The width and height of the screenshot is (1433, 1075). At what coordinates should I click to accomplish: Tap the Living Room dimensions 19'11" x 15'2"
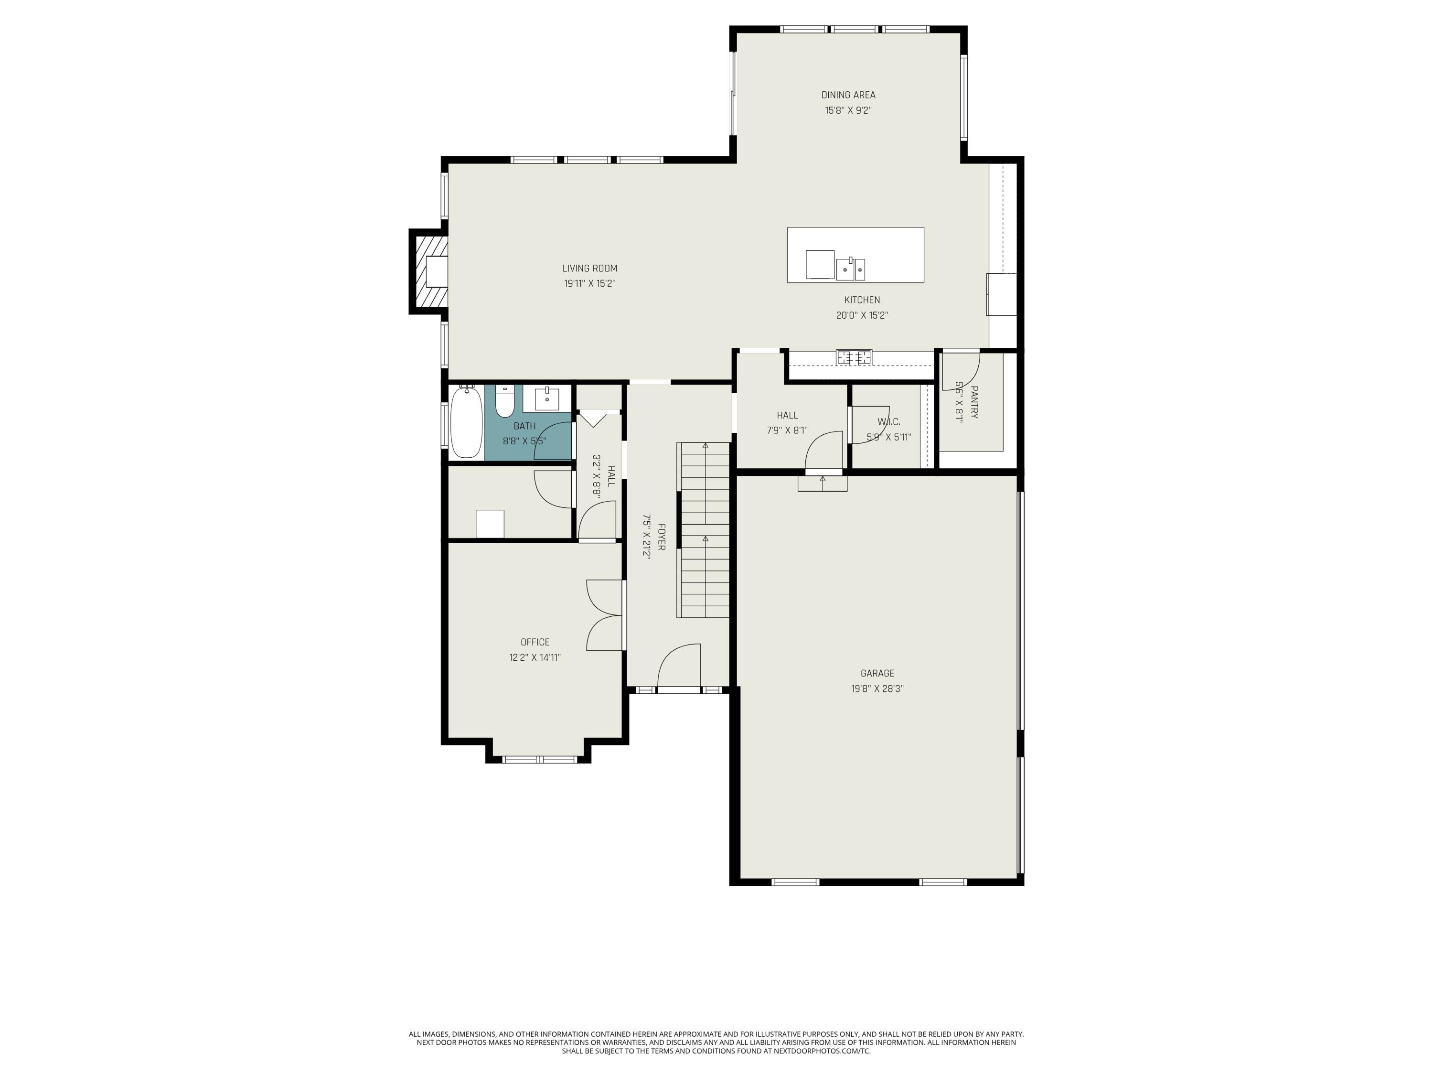coord(589,284)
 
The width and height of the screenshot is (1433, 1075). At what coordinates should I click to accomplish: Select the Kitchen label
coord(862,300)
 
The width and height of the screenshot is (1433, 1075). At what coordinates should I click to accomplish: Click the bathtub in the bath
coord(466,421)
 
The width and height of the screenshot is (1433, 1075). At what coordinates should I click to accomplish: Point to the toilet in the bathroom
coord(504,402)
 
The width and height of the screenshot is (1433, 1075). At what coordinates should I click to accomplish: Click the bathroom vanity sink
coord(547,399)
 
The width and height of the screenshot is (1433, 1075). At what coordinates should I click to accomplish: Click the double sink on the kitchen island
coord(851,268)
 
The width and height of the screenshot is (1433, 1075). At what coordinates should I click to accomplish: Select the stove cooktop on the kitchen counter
coord(854,357)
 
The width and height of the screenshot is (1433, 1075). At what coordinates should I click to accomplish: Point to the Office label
coord(535,642)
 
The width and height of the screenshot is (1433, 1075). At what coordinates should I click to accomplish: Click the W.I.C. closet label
coord(889,422)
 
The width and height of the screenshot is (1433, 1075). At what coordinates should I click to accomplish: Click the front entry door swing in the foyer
coord(679,667)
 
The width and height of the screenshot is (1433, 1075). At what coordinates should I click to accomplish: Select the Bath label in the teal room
coord(525,426)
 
